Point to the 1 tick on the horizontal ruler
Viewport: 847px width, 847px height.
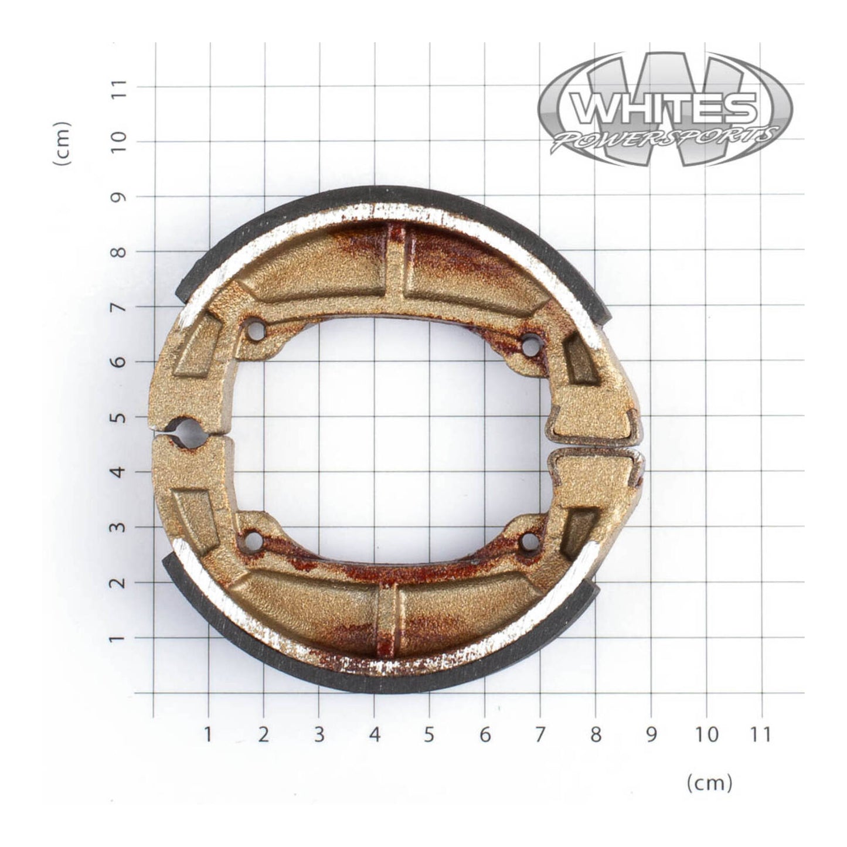(x=208, y=734)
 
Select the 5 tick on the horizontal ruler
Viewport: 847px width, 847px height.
(x=429, y=734)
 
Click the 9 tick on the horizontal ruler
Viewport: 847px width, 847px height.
(x=651, y=734)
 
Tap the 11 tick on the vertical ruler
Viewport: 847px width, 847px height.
(x=120, y=87)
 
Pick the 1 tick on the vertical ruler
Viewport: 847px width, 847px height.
(x=120, y=638)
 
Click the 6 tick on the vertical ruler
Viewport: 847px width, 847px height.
(x=120, y=362)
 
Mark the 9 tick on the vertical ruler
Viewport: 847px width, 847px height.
(x=120, y=197)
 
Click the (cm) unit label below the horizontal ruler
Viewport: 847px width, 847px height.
(x=709, y=783)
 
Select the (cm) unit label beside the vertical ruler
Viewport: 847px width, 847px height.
(x=63, y=144)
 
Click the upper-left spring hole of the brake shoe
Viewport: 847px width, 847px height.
(x=254, y=330)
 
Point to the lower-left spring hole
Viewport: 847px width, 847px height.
(x=254, y=539)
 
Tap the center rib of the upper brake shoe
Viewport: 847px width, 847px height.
(x=396, y=264)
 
